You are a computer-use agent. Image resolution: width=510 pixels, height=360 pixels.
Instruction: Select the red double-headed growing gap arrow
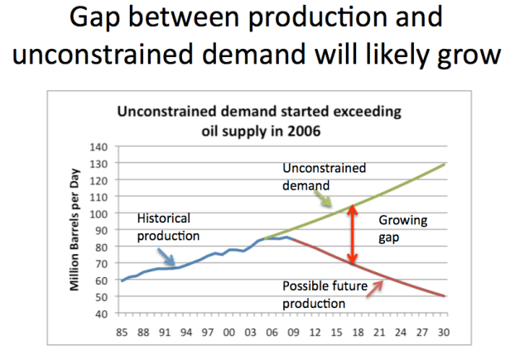pyautogui.click(x=352, y=234)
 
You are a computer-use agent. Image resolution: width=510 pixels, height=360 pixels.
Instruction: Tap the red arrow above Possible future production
pyautogui.click(x=382, y=286)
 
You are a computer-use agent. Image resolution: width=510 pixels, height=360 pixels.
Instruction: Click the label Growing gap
pyautogui.click(x=402, y=229)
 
